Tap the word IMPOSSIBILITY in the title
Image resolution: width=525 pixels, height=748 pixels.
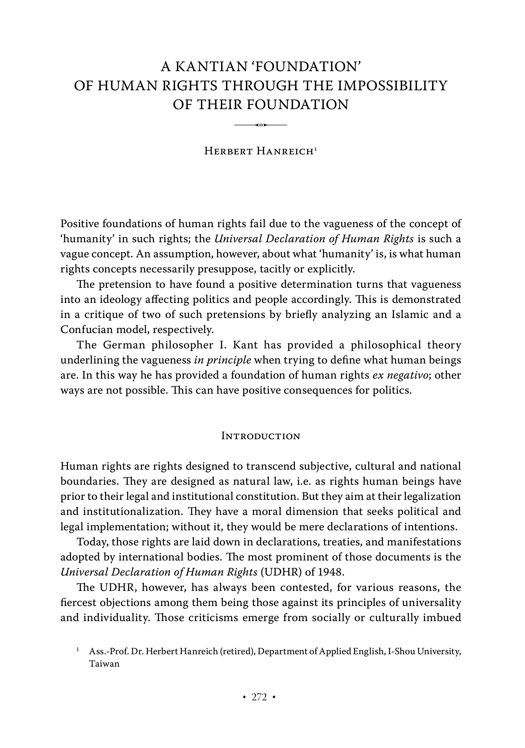click(392, 86)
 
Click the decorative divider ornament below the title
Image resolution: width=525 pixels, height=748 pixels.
click(260, 125)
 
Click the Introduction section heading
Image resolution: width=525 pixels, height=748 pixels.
click(260, 436)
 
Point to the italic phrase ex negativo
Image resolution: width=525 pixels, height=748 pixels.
click(400, 375)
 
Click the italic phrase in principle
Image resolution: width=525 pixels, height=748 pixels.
click(222, 360)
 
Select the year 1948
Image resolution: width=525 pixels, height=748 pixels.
click(331, 572)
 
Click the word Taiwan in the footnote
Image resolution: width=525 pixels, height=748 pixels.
click(104, 664)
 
